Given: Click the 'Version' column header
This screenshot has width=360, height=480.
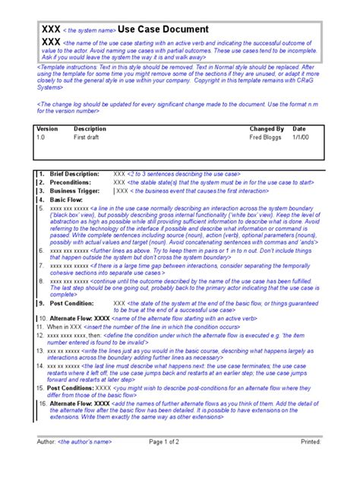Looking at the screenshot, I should (47, 129).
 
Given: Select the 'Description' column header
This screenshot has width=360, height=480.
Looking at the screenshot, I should (90, 129).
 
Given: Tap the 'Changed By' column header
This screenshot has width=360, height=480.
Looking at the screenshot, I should (267, 129).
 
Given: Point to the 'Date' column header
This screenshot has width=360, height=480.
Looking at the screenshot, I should (299, 129).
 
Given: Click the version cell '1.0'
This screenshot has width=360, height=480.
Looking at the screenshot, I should (41, 138).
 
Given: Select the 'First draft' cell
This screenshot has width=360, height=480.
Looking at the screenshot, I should (87, 138).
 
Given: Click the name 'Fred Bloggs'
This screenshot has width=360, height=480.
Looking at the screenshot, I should (266, 138).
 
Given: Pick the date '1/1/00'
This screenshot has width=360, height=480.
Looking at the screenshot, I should (301, 138).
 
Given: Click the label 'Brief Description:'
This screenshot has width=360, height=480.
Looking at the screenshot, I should (74, 174).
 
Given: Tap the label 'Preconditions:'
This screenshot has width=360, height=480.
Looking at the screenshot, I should (71, 182).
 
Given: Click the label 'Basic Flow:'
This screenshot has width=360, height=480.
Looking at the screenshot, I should (67, 199).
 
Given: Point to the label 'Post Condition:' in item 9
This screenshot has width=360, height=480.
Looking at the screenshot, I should (72, 302).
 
